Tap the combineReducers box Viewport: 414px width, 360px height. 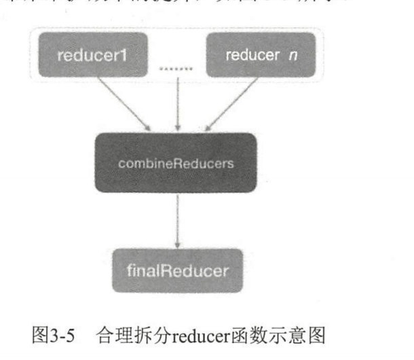tap(176, 163)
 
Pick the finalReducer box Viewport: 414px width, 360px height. tap(177, 270)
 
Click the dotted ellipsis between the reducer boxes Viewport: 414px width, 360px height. tap(176, 68)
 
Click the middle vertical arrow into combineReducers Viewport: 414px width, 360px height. tap(177, 102)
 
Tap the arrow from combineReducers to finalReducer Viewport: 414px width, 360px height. tap(177, 219)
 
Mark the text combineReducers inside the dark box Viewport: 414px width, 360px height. tap(176, 163)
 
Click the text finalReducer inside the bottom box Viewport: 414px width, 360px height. tap(177, 270)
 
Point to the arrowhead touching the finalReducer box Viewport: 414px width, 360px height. tap(177, 245)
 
